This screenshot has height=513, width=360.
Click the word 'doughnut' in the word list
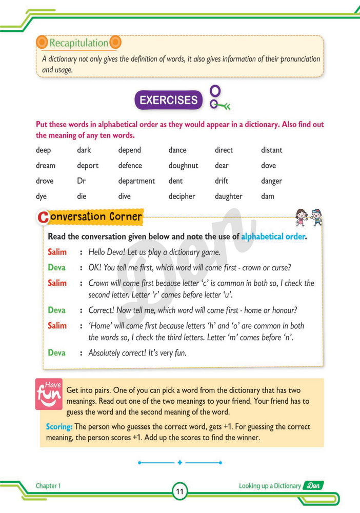tap(183, 166)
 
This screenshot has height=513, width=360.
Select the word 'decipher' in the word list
tap(182, 196)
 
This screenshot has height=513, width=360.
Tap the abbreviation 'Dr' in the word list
tap(82, 181)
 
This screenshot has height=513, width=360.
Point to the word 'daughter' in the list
tap(228, 196)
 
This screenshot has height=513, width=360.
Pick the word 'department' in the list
tap(136, 181)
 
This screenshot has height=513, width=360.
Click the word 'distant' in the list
tap(271, 150)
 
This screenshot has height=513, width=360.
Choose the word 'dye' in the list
tap(41, 196)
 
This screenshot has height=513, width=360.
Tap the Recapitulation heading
tap(78, 43)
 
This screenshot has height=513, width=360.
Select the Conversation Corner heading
tap(91, 217)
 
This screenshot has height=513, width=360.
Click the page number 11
tap(179, 491)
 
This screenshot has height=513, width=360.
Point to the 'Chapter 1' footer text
tap(48, 485)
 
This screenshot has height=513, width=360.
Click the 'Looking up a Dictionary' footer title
tap(269, 485)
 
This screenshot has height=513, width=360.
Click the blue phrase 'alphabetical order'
tap(273, 236)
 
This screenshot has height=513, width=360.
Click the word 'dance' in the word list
tap(177, 150)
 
